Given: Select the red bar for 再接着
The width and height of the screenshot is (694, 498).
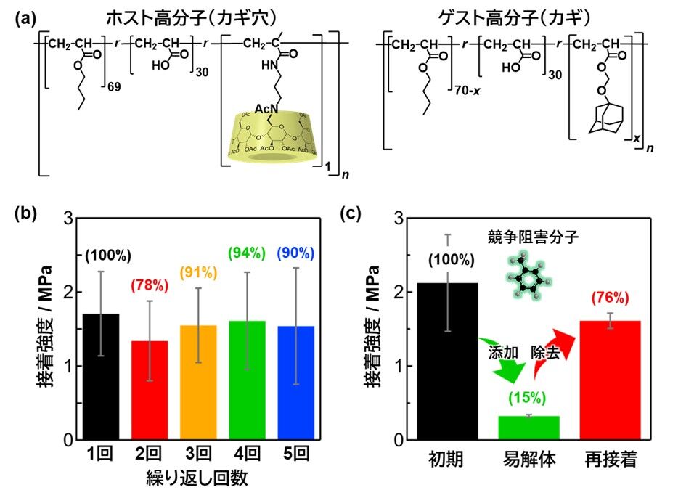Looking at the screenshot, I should click(x=611, y=380).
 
